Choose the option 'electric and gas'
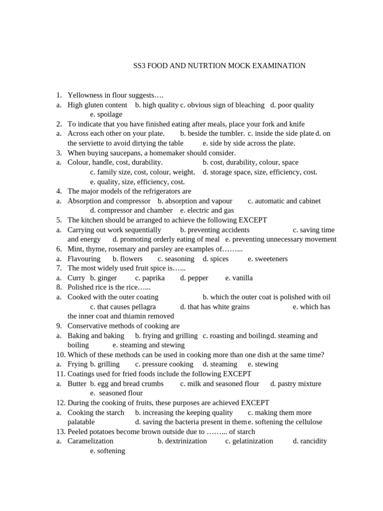tap(210, 211)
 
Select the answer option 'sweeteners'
tap(271, 259)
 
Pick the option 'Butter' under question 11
tap(77, 384)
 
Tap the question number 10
tap(60, 355)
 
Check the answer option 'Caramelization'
tap(90, 441)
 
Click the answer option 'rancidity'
tap(314, 441)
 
